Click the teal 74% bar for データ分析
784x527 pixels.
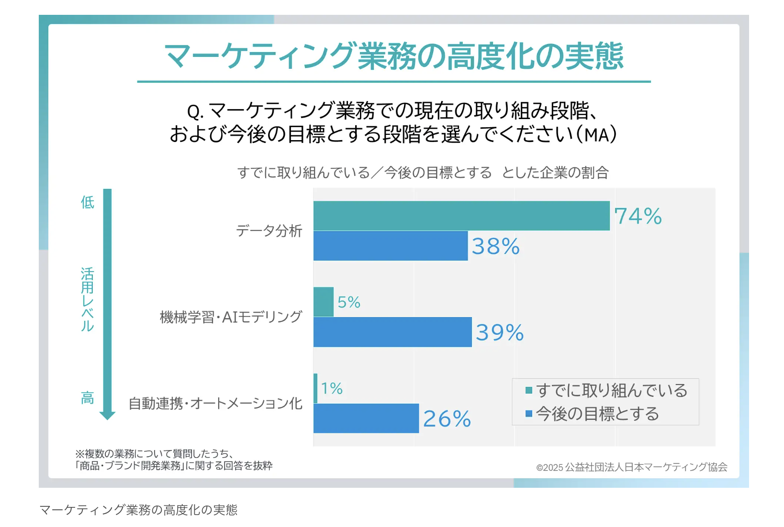pyautogui.click(x=461, y=216)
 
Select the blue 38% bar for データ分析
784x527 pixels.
pyautogui.click(x=391, y=246)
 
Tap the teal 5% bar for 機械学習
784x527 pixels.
pyautogui.click(x=324, y=302)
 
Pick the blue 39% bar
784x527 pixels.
pyautogui.click(x=392, y=332)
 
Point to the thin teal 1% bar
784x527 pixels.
pyautogui.click(x=315, y=388)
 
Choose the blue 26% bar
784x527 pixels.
pyautogui.click(x=366, y=418)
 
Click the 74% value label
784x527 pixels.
pyautogui.click(x=638, y=216)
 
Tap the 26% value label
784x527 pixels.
pyautogui.click(x=447, y=419)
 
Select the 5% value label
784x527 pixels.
pyautogui.click(x=349, y=302)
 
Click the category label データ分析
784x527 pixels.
pyautogui.click(x=269, y=231)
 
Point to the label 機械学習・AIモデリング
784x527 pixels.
pyautogui.click(x=231, y=317)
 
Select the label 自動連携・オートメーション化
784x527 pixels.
pyautogui.click(x=215, y=404)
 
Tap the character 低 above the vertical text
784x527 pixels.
pyautogui.click(x=88, y=202)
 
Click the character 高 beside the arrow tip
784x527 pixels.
pyautogui.click(x=88, y=398)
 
